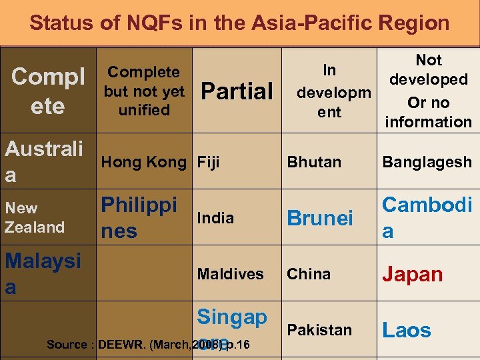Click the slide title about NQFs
(239, 23)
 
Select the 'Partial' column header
(237, 91)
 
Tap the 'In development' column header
(329, 91)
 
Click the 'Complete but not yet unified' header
(143, 91)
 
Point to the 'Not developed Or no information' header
(429, 91)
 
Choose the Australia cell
(44, 161)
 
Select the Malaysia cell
(43, 274)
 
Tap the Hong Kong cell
(144, 162)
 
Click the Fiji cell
(208, 162)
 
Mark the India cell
(215, 218)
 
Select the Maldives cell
(231, 274)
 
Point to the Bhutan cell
(314, 162)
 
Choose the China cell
(309, 274)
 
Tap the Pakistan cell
(319, 330)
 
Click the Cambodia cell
(427, 218)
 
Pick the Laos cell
(406, 330)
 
